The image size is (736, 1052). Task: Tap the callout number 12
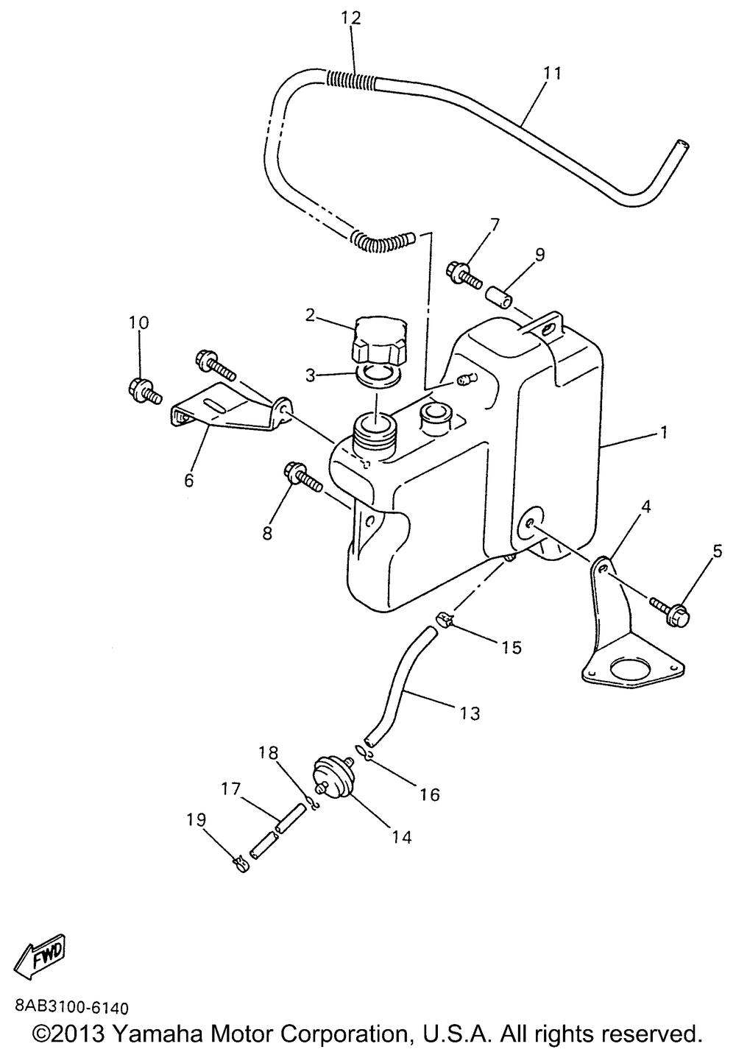coord(351,18)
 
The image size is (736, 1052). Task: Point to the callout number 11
coord(552,73)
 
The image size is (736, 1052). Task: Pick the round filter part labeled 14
coord(334,776)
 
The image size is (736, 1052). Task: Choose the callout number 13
coord(470,713)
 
